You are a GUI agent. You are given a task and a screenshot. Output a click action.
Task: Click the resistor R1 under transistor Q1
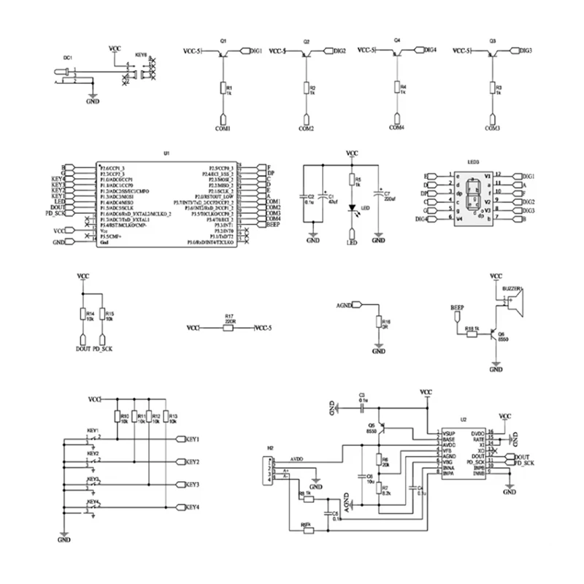pos(222,88)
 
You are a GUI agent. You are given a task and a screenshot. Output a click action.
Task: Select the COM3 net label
pos(492,128)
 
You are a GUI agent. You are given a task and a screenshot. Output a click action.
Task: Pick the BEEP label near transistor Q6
pos(458,308)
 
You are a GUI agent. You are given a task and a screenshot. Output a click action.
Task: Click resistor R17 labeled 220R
pos(228,328)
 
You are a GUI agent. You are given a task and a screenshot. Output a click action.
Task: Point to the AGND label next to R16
pos(344,305)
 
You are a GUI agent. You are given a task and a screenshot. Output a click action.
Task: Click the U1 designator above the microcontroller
pos(166,154)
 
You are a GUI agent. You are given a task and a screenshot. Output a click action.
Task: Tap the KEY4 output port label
pos(193,507)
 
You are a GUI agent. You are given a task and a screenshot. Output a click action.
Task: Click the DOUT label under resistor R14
pos(83,350)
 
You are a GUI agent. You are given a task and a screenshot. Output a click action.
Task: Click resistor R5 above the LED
pos(351,180)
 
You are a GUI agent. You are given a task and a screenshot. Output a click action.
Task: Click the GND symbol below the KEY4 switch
pos(64,541)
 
